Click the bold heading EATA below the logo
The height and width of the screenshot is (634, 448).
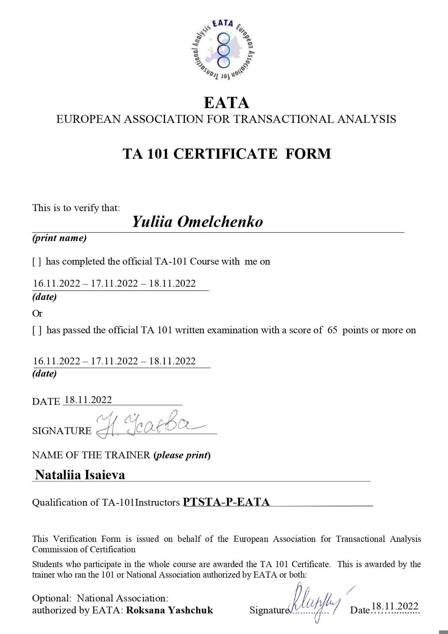point(226,103)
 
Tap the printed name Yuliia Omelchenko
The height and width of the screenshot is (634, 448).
point(197,222)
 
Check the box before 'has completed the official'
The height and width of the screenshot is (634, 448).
point(36,262)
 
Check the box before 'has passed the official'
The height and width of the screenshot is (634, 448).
point(37,330)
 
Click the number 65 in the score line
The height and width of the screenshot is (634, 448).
point(332,330)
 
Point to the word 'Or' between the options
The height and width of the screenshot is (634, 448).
point(37,313)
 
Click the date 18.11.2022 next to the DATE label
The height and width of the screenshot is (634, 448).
point(88,399)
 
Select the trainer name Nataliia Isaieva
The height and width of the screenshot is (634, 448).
point(80,475)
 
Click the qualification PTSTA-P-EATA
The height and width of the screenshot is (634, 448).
point(226,502)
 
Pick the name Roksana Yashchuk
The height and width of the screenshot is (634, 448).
point(170,610)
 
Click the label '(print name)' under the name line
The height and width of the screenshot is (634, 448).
point(60,238)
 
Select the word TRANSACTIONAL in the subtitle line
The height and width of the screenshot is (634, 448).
point(283,119)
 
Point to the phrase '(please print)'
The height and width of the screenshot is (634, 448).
point(182,455)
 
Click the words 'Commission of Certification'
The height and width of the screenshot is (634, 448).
point(84,549)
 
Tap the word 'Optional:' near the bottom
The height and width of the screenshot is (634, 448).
point(52,598)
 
